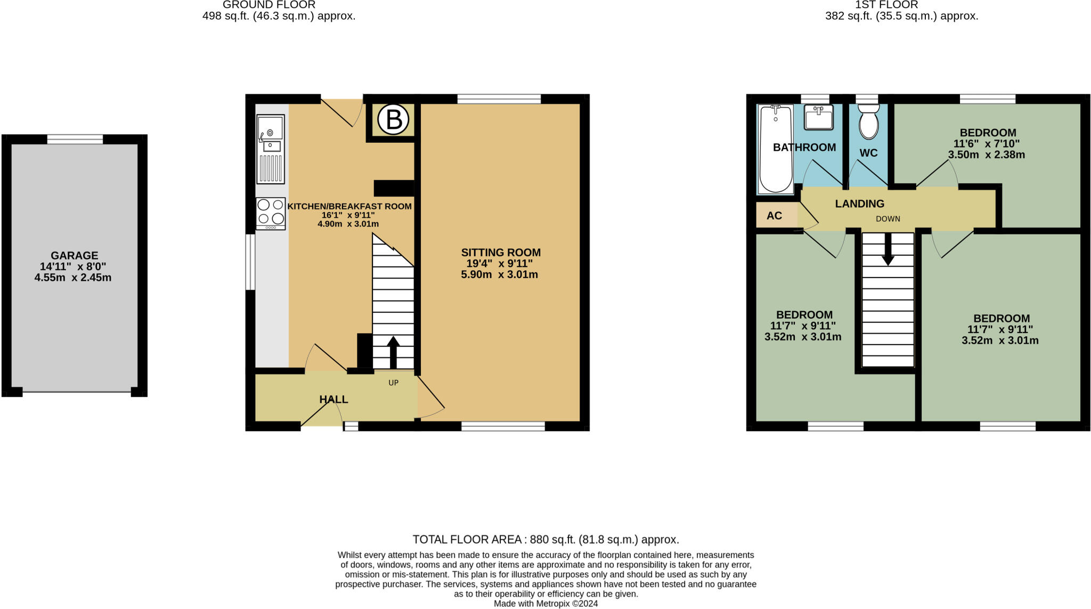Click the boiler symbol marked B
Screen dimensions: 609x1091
coord(393,119)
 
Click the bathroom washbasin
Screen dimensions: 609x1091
coord(818,118)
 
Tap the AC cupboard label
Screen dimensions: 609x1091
coord(774,216)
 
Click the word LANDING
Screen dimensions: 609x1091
coord(859,204)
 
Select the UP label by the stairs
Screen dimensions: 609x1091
coord(393,383)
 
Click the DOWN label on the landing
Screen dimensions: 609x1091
coord(888,219)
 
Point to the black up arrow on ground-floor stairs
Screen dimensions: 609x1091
coord(393,352)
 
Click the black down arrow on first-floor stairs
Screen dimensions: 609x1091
coord(888,249)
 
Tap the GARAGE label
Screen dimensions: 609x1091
coord(74,255)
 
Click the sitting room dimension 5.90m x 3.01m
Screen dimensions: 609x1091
coord(499,275)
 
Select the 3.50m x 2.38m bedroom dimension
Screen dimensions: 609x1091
coord(986,155)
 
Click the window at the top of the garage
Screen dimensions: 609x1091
coord(75,140)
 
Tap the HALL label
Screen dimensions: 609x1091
coord(333,400)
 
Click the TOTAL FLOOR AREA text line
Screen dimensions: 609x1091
coord(545,539)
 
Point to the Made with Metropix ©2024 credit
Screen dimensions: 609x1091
coord(545,604)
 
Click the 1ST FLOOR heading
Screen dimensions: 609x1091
coord(901,5)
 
